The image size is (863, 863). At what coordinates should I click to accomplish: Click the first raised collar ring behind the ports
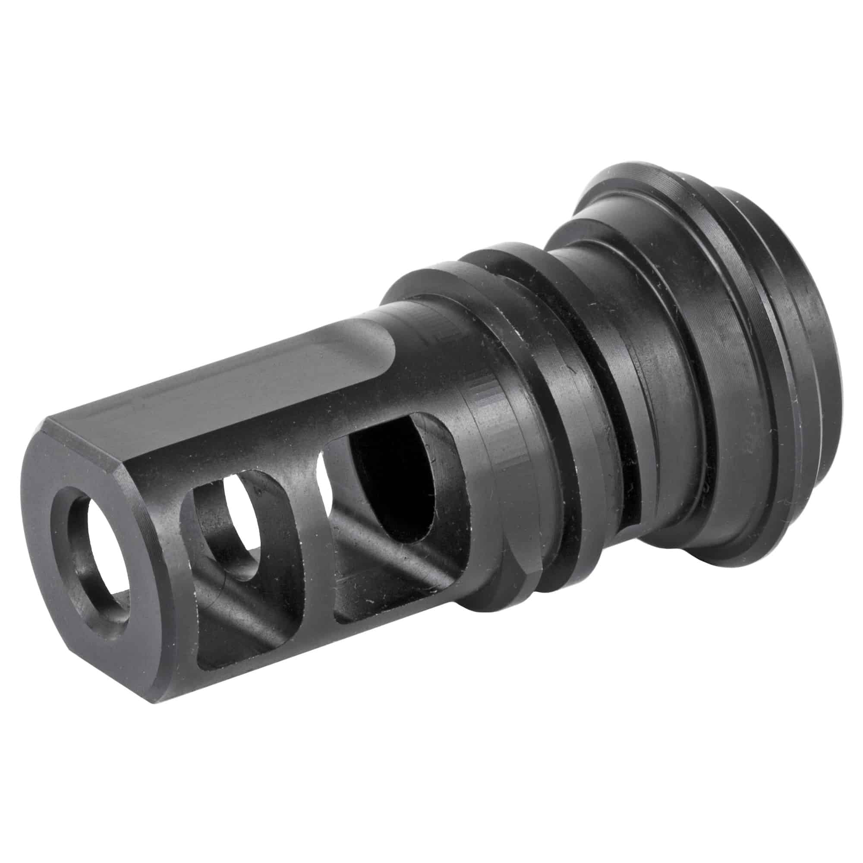505,447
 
